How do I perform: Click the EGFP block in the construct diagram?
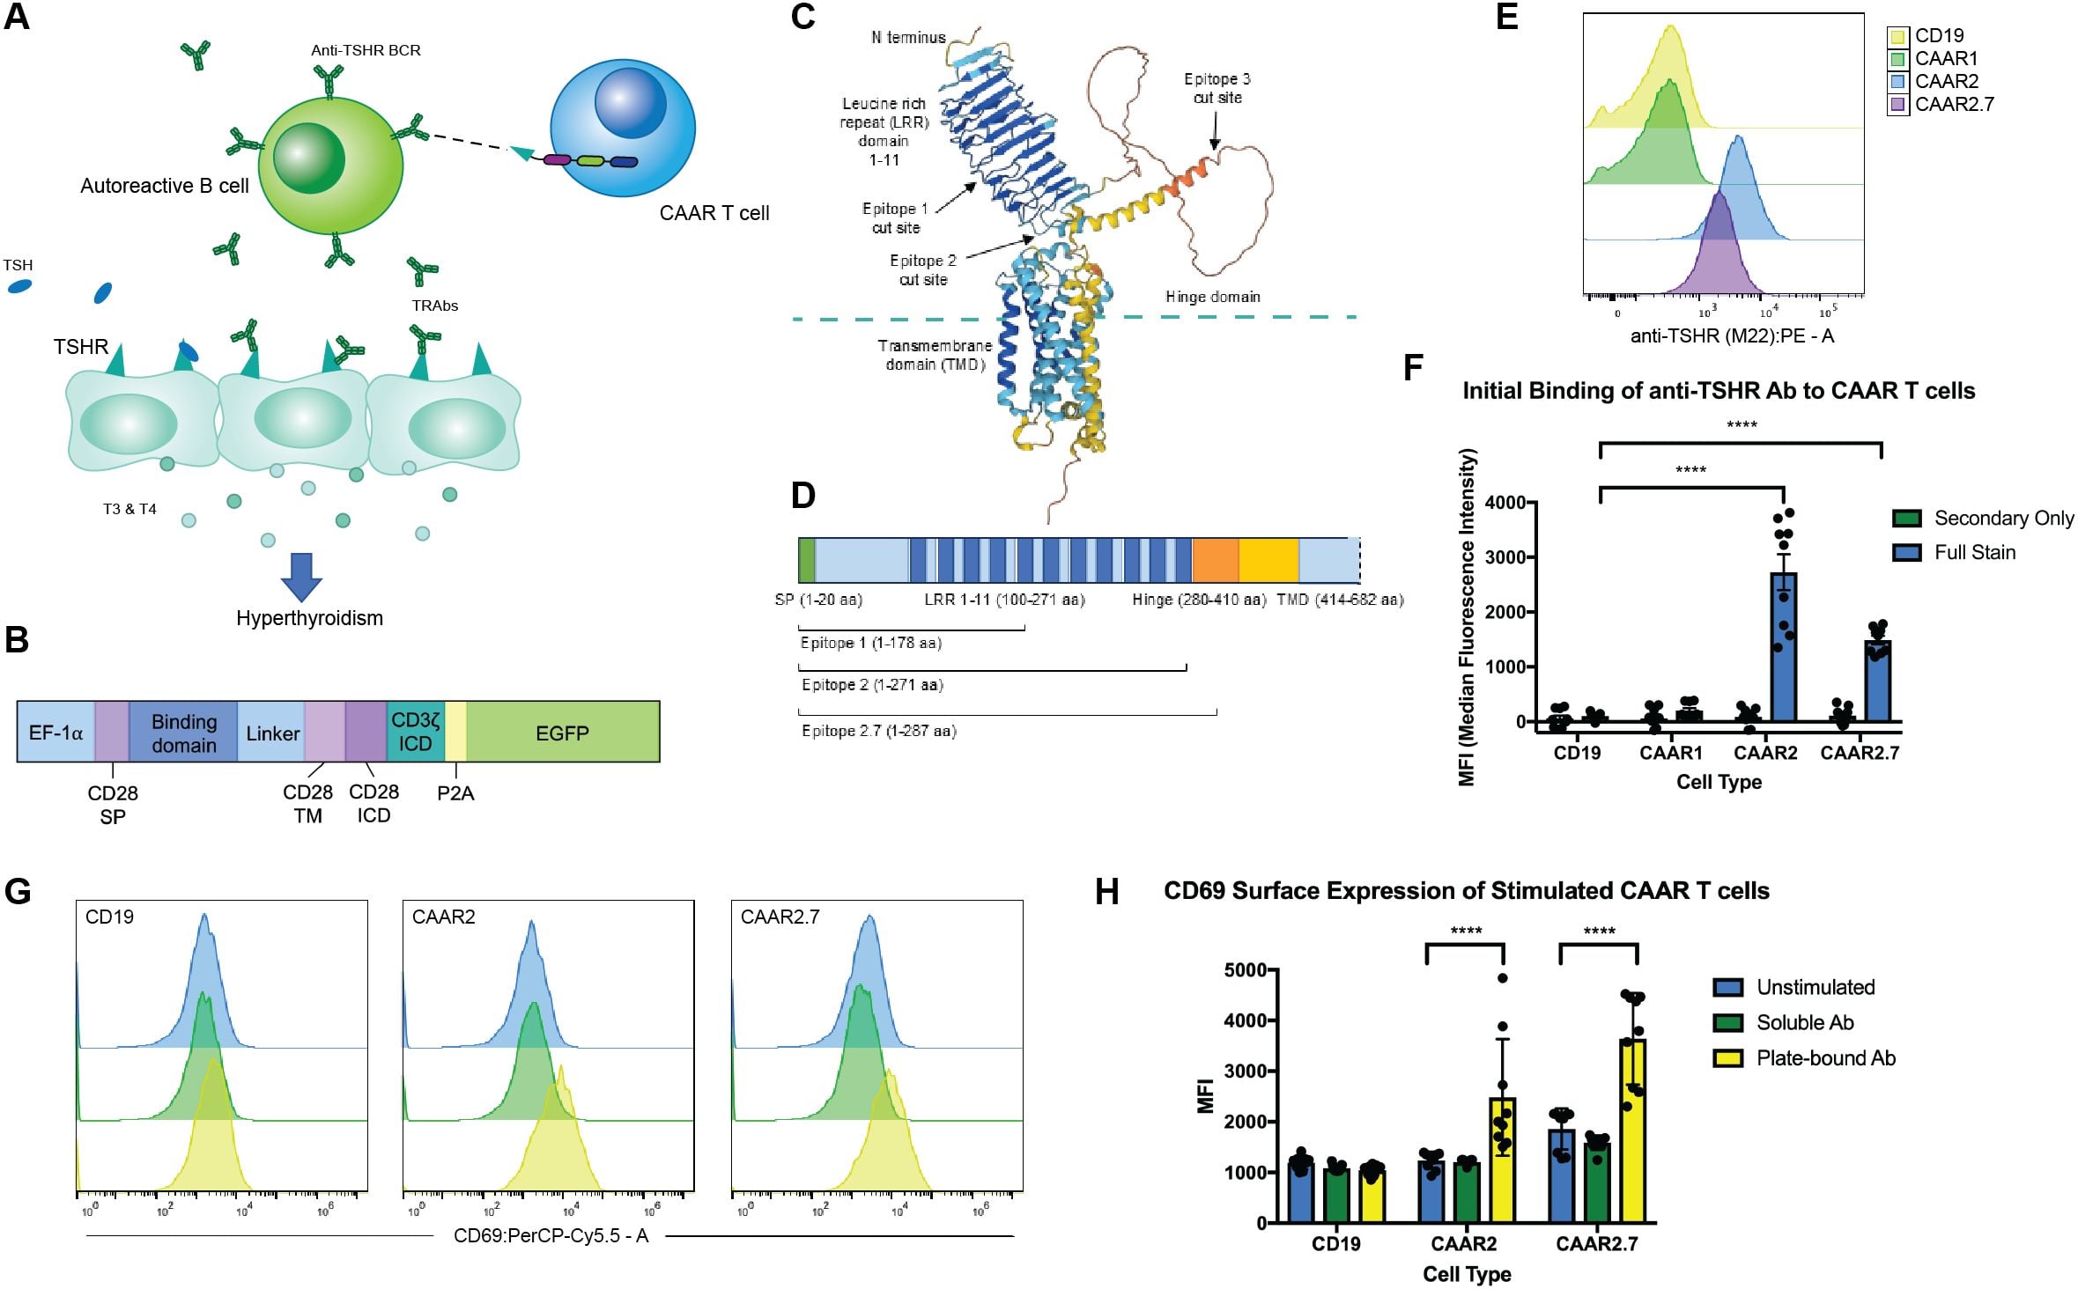pyautogui.click(x=562, y=733)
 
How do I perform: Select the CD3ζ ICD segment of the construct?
pyautogui.click(x=415, y=732)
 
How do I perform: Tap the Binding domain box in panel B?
pyautogui.click(x=183, y=733)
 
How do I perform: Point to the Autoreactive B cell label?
pyautogui.click(x=165, y=186)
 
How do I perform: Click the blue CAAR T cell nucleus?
pyautogui.click(x=629, y=102)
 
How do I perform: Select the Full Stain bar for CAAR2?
pyautogui.click(x=1784, y=647)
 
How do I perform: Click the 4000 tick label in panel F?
pyautogui.click(x=1505, y=503)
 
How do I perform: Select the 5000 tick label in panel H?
pyautogui.click(x=1245, y=970)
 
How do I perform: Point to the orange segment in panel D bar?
pyautogui.click(x=1215, y=560)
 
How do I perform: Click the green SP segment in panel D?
pyautogui.click(x=806, y=560)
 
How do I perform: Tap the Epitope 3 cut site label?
pyautogui.click(x=1216, y=88)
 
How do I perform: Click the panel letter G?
pyautogui.click(x=18, y=891)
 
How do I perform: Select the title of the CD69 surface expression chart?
pyautogui.click(x=1466, y=891)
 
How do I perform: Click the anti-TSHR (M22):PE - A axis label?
pyautogui.click(x=1731, y=335)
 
